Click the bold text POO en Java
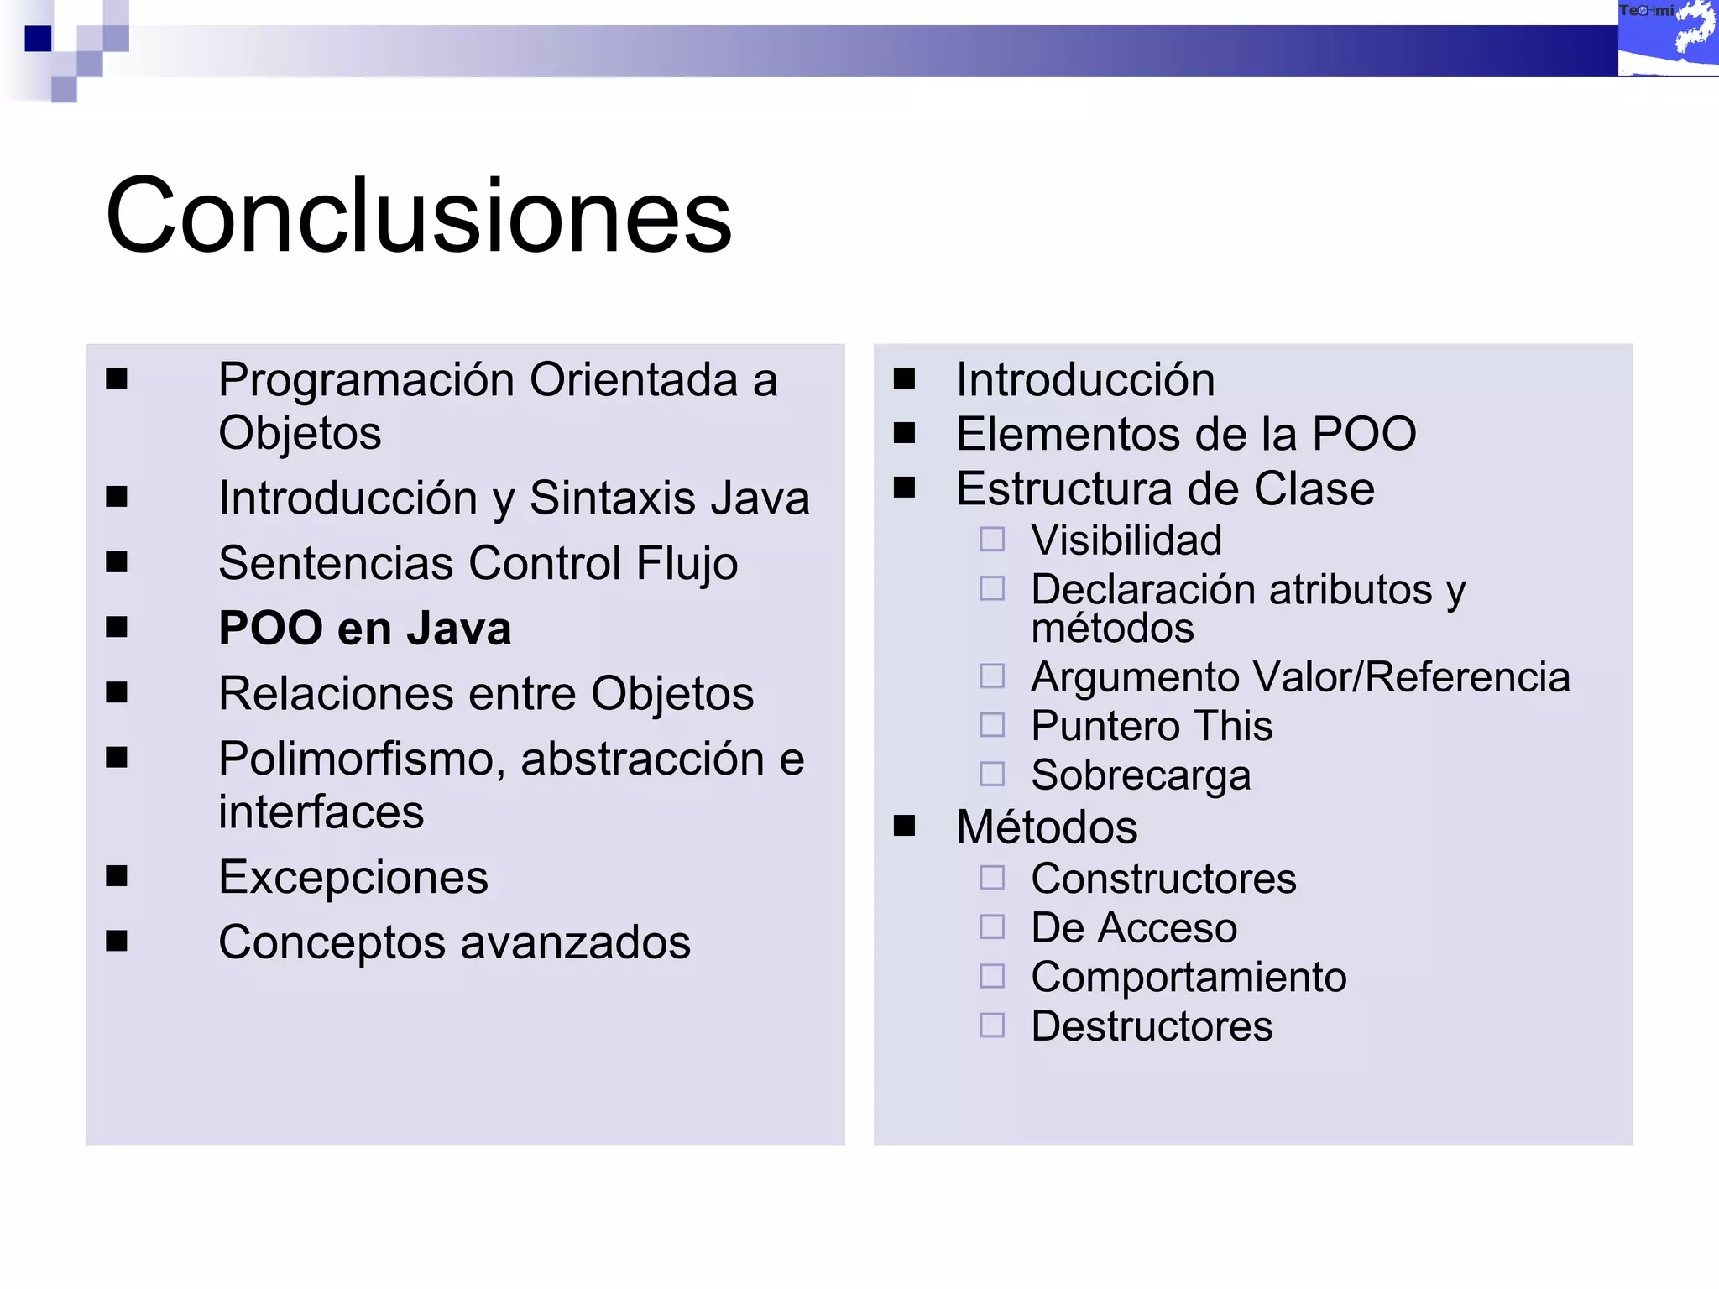[x=364, y=629]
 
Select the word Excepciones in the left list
[x=353, y=878]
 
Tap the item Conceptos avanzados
[x=454, y=942]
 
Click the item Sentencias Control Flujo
[x=478, y=563]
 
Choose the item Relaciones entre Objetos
[x=486, y=694]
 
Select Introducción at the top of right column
[x=1085, y=379]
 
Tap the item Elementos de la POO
[x=1186, y=434]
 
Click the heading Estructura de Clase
[x=1165, y=488]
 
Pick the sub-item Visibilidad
[x=1126, y=540]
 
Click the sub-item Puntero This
[x=1152, y=726]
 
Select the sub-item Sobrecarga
[x=1141, y=775]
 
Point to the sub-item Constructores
[x=1163, y=879]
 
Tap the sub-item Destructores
[x=1152, y=1026]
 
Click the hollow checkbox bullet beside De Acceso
[x=992, y=926]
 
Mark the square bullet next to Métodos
[x=904, y=826]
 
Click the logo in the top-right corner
[x=1667, y=38]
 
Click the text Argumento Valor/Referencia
[x=1300, y=677]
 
